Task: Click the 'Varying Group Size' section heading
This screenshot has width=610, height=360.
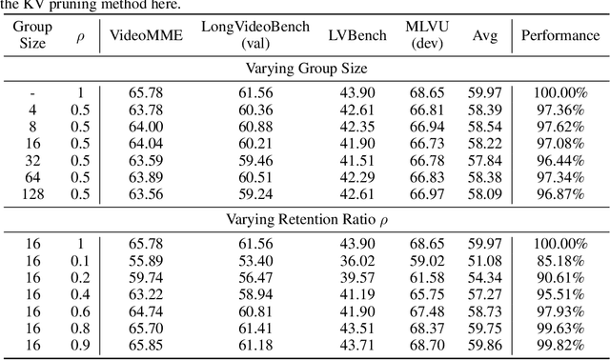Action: click(305, 68)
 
